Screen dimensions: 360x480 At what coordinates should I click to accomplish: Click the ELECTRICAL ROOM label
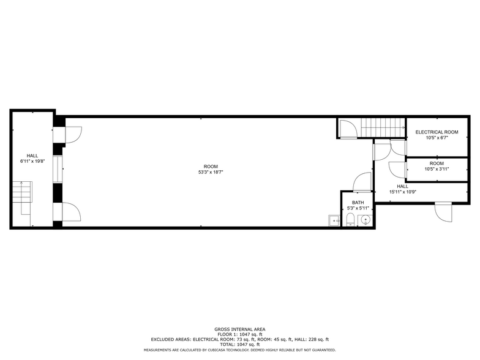(437, 132)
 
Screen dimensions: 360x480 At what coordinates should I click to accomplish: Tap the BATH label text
(358, 203)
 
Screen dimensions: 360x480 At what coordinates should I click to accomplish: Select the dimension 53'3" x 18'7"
(211, 173)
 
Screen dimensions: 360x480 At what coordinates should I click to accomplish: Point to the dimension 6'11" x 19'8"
(32, 162)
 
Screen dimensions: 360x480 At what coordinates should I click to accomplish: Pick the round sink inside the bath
(366, 220)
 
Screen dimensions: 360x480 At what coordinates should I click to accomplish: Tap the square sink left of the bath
(334, 220)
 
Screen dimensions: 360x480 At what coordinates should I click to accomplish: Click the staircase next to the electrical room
(381, 128)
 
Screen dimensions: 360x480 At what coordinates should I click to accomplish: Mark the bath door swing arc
(362, 182)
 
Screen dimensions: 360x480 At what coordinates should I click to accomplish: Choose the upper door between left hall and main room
(72, 134)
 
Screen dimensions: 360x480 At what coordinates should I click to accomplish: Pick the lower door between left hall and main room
(72, 212)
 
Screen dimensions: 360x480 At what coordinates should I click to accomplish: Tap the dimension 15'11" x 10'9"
(402, 192)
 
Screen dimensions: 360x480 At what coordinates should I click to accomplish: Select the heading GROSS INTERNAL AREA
(240, 329)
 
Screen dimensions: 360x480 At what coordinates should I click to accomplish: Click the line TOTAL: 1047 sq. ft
(240, 344)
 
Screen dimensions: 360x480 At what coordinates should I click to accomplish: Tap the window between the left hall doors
(57, 169)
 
